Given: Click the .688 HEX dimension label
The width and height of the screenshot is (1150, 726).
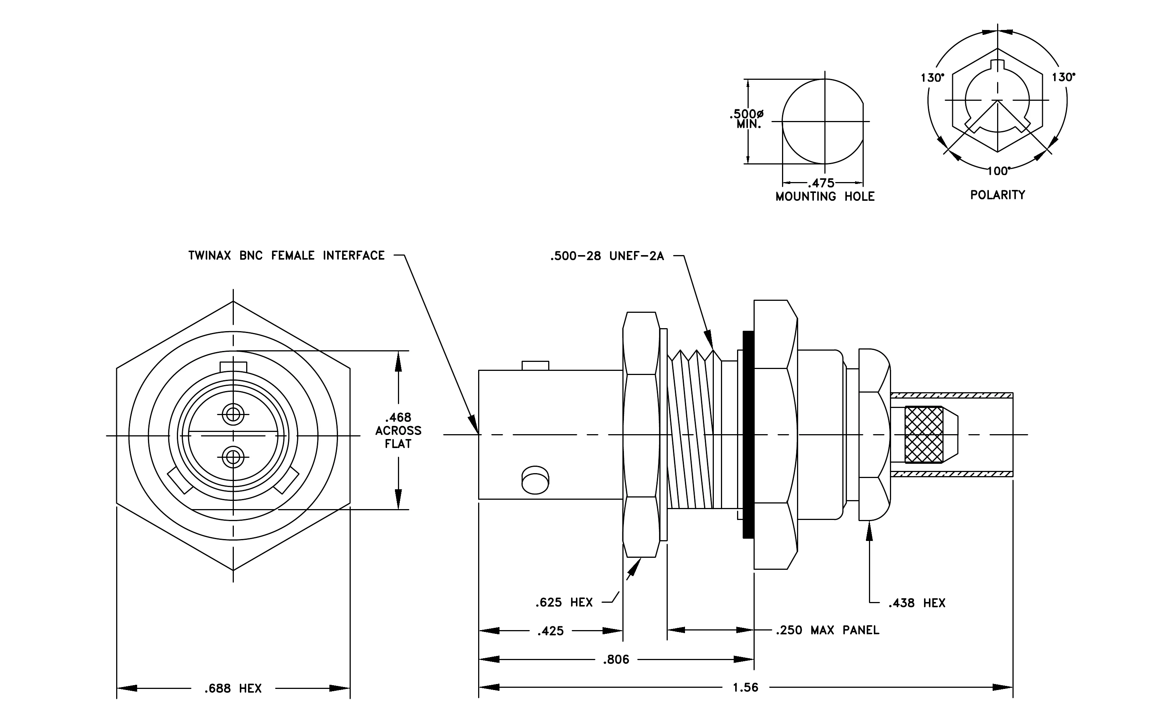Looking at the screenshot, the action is pos(233,688).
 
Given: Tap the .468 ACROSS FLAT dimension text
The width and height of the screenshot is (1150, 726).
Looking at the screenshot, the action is pos(398,430).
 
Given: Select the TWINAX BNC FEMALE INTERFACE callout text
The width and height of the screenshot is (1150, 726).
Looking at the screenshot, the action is pos(287,256).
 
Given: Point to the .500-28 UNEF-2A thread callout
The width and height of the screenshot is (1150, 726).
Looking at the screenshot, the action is pos(607,256).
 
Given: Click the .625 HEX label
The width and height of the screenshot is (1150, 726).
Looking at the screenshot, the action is pos(564,602).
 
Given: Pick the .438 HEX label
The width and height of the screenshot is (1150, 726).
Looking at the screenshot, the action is pos(917,604).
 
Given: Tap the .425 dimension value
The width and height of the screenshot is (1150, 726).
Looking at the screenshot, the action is pos(551,631).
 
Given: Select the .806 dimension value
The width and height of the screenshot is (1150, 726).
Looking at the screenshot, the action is pos(616,660).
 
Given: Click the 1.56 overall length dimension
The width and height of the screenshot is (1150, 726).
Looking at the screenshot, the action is pos(745,687).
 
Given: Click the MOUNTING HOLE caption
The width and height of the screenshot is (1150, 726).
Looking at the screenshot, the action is pos(825,197).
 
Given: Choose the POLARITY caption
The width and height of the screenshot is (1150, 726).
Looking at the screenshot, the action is pos(997,195).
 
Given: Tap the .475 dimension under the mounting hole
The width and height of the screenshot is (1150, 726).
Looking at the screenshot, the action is pos(821,183).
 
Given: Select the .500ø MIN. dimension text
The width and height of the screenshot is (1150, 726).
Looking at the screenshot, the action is pos(746,119).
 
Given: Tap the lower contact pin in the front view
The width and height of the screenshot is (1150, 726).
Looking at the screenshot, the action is pos(233,457).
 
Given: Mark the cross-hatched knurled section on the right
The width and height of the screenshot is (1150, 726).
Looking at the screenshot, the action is pos(924,434).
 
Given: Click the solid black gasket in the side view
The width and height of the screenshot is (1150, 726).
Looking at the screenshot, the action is pos(748,434).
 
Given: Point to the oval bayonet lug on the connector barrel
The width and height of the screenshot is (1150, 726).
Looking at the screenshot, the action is pos(535,480).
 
